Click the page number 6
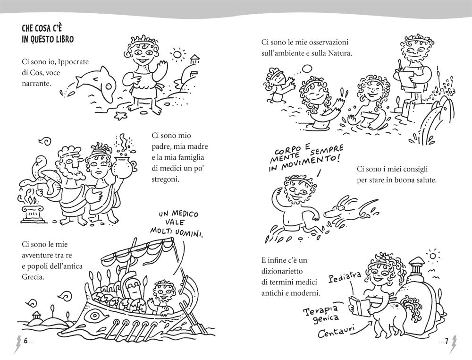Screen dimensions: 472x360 click(25, 341)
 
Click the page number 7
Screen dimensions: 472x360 click(447, 341)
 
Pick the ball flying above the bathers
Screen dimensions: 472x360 click(308, 69)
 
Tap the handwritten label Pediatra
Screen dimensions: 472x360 click(345, 277)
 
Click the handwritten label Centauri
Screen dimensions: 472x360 click(335, 331)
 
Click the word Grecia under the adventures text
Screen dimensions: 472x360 click(33, 277)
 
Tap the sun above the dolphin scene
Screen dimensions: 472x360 click(177, 54)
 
